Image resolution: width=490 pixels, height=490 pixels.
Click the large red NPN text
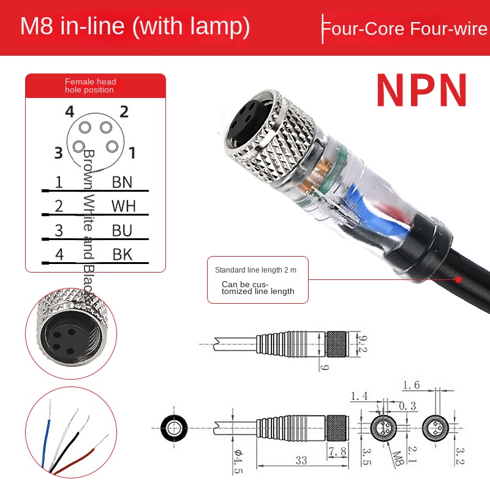click(x=421, y=91)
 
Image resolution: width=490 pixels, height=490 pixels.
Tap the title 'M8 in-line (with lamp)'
click(x=135, y=27)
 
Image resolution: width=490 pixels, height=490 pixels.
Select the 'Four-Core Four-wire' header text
click(x=405, y=29)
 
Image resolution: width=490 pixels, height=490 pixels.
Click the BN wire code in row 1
click(x=122, y=182)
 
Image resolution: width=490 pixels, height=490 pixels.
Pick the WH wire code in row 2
click(x=123, y=206)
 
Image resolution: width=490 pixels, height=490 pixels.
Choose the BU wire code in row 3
click(x=123, y=230)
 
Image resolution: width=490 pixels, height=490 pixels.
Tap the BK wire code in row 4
click(x=123, y=254)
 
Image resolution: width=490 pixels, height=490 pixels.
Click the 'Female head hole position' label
click(x=90, y=86)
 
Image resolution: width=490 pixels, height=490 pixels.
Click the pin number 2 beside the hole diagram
click(x=124, y=111)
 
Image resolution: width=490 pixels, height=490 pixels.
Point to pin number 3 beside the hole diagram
click(x=58, y=153)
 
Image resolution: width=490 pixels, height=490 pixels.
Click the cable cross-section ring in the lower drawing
click(x=171, y=427)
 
